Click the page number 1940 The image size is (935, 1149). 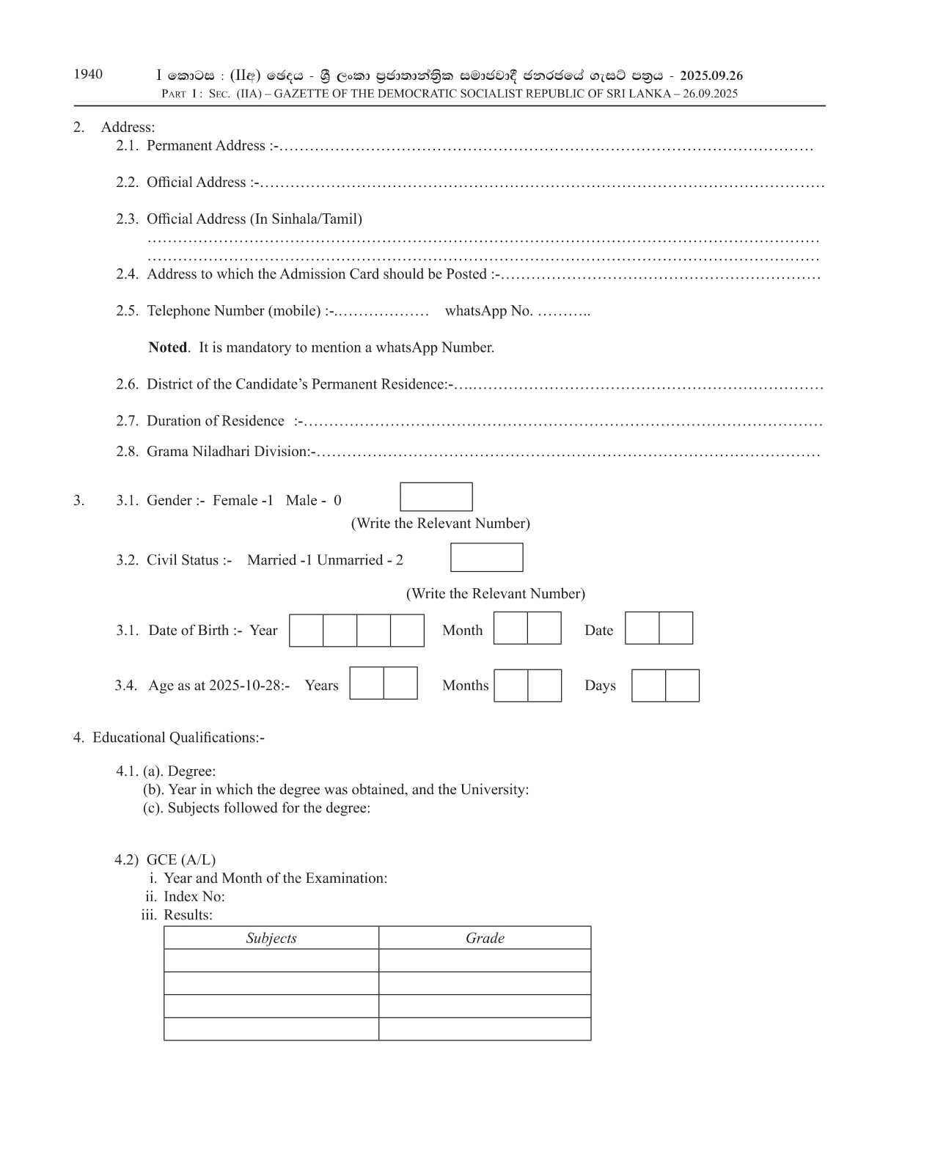click(x=88, y=74)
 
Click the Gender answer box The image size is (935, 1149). click(x=436, y=497)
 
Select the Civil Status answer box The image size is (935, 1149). click(x=486, y=557)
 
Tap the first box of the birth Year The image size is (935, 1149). click(x=307, y=631)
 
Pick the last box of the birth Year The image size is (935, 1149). click(x=407, y=631)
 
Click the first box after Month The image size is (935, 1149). click(x=510, y=628)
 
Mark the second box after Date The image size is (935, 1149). click(x=675, y=628)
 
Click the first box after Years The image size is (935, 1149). click(x=367, y=683)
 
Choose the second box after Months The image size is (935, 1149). click(x=545, y=686)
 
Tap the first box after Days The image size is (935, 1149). click(x=649, y=686)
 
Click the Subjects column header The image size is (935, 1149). click(x=271, y=938)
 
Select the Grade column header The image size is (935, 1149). click(x=485, y=938)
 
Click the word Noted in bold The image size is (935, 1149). click(x=168, y=348)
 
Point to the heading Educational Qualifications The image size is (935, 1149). click(x=178, y=738)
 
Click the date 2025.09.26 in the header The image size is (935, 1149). click(x=711, y=76)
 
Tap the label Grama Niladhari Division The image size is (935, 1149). click(x=229, y=452)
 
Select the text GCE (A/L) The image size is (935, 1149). click(x=181, y=860)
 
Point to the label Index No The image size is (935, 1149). click(x=194, y=897)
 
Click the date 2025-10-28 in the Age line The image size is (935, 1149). click(x=246, y=686)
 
